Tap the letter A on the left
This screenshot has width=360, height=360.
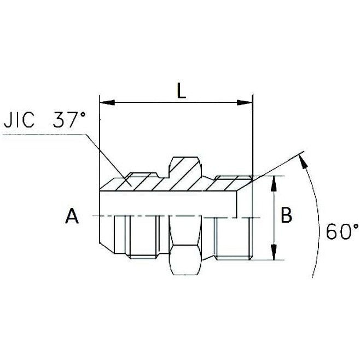[71, 217]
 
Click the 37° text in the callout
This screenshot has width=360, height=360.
[68, 120]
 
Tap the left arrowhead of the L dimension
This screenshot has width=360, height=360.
[106, 102]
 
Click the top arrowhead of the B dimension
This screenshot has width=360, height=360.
[272, 181]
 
